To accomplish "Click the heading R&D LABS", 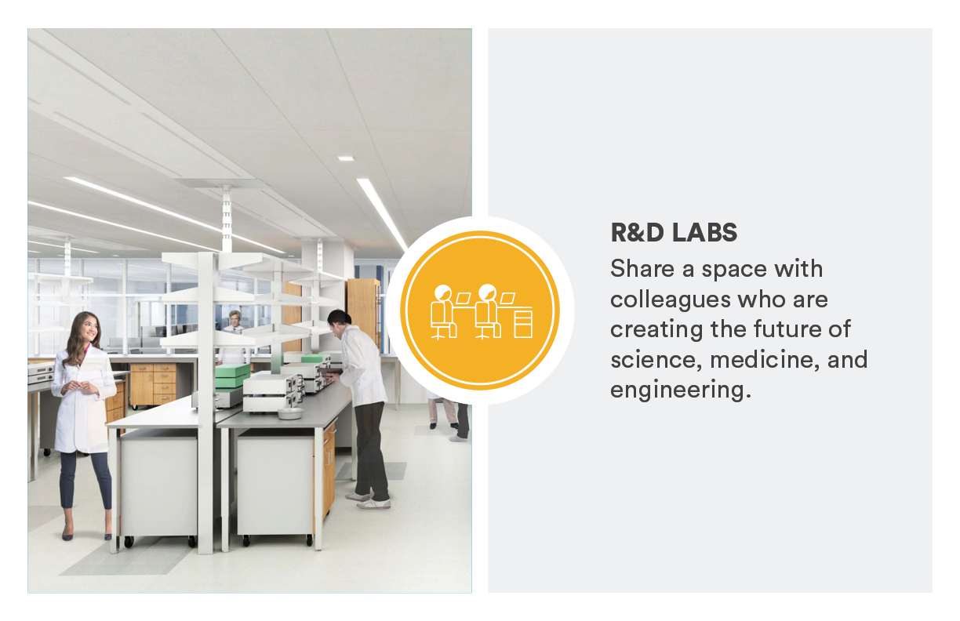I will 674,233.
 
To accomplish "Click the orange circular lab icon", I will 480,310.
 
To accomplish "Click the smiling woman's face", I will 85,329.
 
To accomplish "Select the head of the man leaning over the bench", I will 338,319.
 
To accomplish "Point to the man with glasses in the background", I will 235,318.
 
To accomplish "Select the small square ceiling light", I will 345,158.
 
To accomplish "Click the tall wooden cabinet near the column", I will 362,314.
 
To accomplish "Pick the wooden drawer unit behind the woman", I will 153,384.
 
